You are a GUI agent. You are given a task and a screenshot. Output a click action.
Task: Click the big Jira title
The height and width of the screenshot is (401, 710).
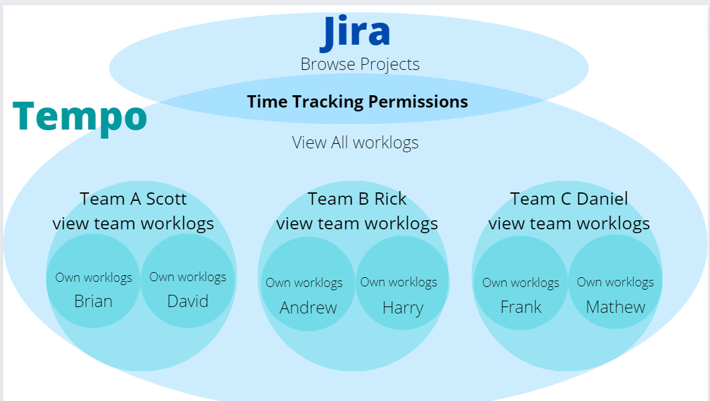point(356,32)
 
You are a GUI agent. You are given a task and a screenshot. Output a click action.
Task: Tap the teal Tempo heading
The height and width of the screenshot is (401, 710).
point(80,117)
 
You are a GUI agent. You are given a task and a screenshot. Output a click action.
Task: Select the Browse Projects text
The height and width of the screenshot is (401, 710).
point(360,65)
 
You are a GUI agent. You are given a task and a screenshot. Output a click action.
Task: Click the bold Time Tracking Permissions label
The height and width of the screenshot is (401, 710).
point(357,102)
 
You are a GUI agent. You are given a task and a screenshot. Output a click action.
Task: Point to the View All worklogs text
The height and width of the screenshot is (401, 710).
point(355,143)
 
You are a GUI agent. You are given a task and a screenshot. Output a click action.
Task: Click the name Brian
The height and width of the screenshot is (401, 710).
point(93,301)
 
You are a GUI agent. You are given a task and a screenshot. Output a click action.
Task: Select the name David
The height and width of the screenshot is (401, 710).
point(188,301)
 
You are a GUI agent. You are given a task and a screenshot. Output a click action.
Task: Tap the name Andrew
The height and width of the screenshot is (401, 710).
point(308,308)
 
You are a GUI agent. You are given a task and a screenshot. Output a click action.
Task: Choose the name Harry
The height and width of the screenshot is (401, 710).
point(402,308)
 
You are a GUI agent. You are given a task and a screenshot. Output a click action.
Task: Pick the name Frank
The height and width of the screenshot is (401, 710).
point(521,306)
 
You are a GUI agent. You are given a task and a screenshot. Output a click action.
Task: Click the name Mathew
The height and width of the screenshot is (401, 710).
point(615,306)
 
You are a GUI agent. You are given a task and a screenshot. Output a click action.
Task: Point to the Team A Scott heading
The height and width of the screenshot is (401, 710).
point(133,198)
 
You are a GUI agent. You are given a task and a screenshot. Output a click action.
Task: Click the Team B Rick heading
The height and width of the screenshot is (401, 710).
point(357,198)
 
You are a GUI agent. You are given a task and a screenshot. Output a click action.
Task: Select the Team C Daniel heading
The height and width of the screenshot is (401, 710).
point(569,198)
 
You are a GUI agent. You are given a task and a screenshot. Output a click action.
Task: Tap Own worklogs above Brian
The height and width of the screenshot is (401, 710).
point(93,278)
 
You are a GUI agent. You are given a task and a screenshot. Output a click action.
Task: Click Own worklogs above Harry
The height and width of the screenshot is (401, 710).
point(398,282)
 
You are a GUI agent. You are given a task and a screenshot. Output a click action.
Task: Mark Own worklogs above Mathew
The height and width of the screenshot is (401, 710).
point(615,282)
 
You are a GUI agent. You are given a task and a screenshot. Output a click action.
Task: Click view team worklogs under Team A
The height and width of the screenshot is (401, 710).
point(133,223)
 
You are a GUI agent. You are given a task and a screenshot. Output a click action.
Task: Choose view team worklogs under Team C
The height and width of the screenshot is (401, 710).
point(569,223)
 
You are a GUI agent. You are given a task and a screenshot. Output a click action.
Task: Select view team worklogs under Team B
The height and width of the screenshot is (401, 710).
point(357,223)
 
